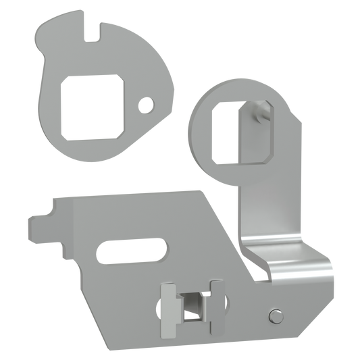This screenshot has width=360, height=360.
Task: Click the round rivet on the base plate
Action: tap(275, 314)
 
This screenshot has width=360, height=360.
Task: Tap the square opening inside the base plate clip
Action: tap(192, 303)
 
